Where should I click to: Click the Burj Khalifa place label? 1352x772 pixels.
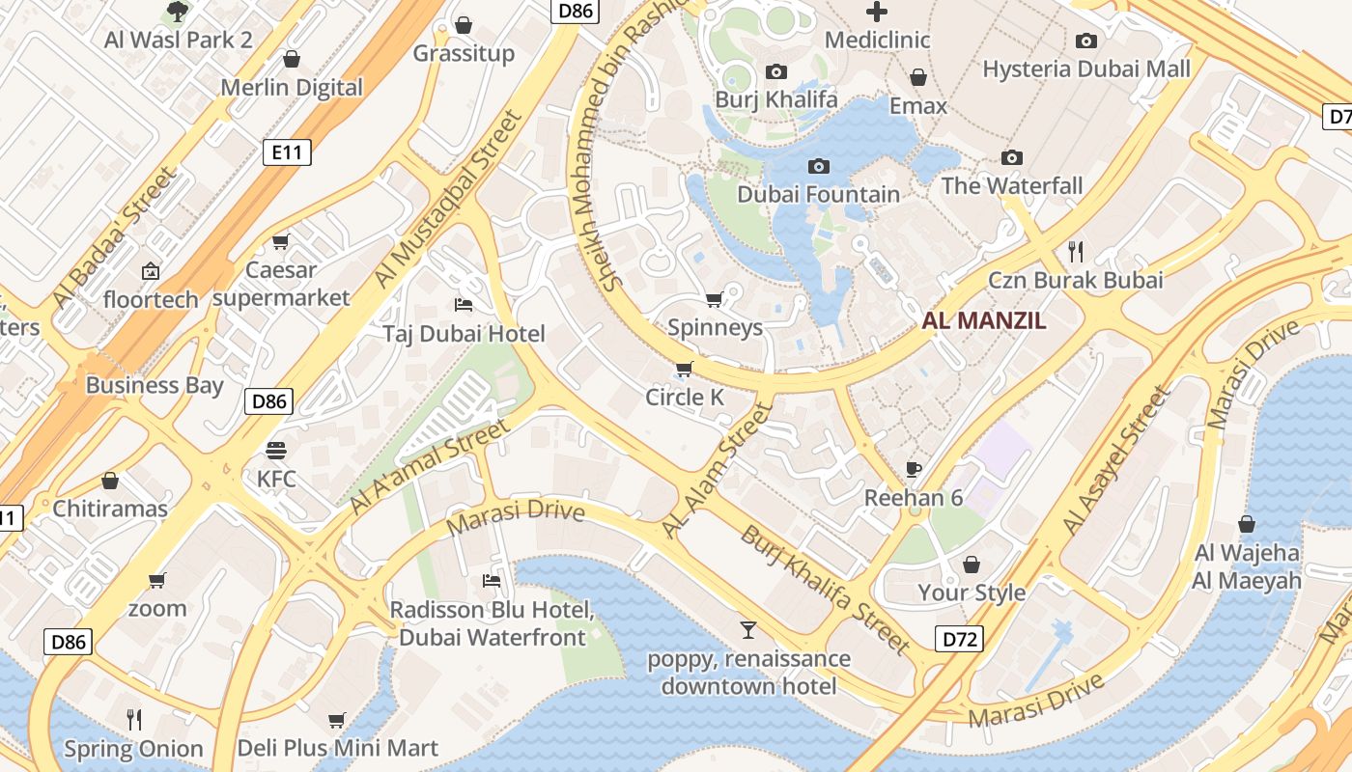(x=775, y=99)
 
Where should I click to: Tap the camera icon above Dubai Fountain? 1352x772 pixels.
(x=818, y=167)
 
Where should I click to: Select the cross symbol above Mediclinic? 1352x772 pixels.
(x=877, y=12)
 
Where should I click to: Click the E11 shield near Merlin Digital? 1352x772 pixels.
(x=287, y=152)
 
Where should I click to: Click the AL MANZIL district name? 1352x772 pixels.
(x=984, y=321)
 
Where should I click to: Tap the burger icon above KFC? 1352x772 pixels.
(x=276, y=451)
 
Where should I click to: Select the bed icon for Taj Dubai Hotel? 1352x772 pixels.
(x=464, y=305)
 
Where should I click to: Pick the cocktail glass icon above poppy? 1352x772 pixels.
(x=748, y=630)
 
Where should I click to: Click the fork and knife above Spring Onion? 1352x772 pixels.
(x=134, y=719)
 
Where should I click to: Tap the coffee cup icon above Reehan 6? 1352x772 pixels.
(x=914, y=470)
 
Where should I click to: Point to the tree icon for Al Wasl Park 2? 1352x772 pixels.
(x=178, y=12)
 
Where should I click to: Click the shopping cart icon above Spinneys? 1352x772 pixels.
(x=715, y=299)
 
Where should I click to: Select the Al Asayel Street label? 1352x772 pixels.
(x=1115, y=460)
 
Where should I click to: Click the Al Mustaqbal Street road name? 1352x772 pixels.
(x=448, y=199)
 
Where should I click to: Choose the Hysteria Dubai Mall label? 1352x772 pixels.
(x=1086, y=69)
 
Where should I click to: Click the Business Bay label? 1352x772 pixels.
(x=155, y=385)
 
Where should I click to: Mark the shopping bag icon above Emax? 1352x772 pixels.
(x=918, y=77)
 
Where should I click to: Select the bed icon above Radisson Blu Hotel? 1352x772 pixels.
(x=491, y=581)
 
